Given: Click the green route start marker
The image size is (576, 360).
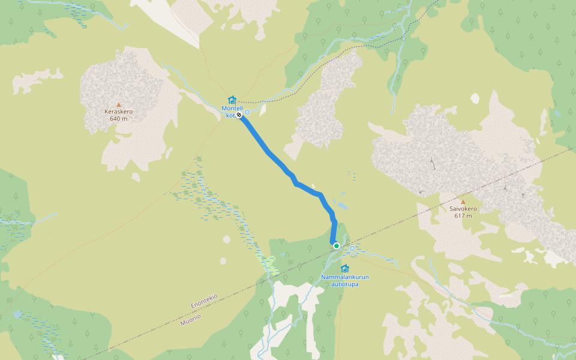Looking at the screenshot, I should pos(337,245).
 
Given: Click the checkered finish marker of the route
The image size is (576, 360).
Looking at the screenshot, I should pos(239,114).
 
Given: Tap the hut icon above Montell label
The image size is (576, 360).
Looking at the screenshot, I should pos(232,100).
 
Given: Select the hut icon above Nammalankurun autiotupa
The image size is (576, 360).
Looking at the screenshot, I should pos(344,268).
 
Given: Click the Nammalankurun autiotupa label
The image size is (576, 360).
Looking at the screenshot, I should pos(344,280).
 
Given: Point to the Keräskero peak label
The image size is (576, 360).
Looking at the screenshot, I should pos(118,112).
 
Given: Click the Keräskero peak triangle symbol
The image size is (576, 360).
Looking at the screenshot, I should pos(118,104).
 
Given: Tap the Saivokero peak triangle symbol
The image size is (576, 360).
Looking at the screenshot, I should pos(463,202).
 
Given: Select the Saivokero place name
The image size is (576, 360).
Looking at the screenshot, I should pos(463,209).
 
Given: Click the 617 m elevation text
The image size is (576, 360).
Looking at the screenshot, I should pos(463,216).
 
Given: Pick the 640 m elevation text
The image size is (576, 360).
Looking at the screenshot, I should pos(118,119).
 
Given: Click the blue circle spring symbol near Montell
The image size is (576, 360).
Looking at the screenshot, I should pos(247,112).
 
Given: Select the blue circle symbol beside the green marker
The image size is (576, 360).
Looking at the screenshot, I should pos(352,248).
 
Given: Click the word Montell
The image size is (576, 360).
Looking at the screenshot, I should pos(232,108).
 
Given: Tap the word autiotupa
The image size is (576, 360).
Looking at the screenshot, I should pos(344,284).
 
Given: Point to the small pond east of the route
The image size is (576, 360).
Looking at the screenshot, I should pos(342,205).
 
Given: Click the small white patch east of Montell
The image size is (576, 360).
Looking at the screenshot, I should pos(475,98).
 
